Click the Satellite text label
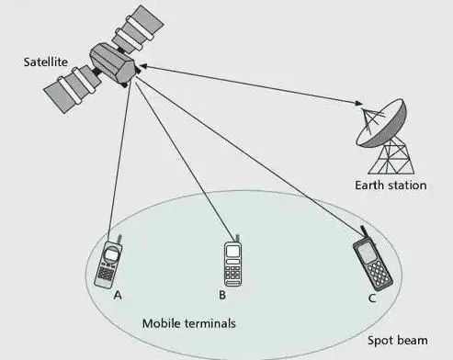point(46,62)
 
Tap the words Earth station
point(391,186)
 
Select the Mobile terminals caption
point(189,323)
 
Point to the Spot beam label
point(398,341)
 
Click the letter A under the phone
point(118,295)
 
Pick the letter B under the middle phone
point(222,295)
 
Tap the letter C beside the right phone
point(372,298)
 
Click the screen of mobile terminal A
point(110,254)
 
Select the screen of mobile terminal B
point(232,252)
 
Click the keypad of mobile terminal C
point(379,273)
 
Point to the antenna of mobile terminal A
point(119,240)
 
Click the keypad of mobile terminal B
point(232,273)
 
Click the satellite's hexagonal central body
point(112,62)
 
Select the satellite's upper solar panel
point(138,29)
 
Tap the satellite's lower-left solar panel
point(72,89)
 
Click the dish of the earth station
point(382,124)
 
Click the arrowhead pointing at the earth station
point(358,103)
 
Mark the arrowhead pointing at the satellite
point(143,66)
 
